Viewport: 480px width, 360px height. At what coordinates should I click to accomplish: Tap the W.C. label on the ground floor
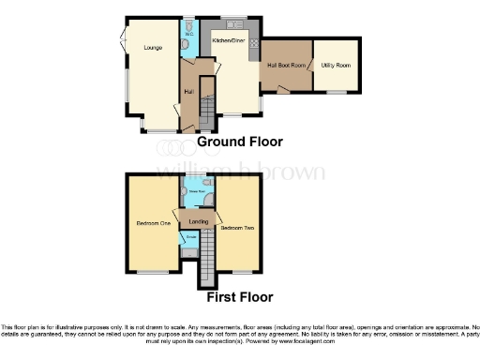click(188, 36)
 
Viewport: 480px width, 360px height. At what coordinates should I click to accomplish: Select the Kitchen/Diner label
click(228, 42)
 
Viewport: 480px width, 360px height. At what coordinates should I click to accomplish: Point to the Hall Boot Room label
click(287, 65)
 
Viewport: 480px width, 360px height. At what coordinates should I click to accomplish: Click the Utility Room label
click(335, 65)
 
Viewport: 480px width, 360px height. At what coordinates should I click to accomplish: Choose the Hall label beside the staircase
click(188, 91)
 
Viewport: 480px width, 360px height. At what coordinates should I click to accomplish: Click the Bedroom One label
click(152, 223)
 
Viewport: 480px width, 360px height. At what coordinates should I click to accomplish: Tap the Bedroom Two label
click(234, 227)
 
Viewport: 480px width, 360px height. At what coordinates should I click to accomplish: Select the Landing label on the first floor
click(198, 221)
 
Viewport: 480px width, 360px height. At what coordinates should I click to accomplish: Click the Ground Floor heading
click(239, 142)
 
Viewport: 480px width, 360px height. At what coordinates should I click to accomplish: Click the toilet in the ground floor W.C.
click(187, 44)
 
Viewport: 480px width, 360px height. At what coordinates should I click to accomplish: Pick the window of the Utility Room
click(336, 93)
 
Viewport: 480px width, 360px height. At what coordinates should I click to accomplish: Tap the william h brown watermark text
click(239, 172)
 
